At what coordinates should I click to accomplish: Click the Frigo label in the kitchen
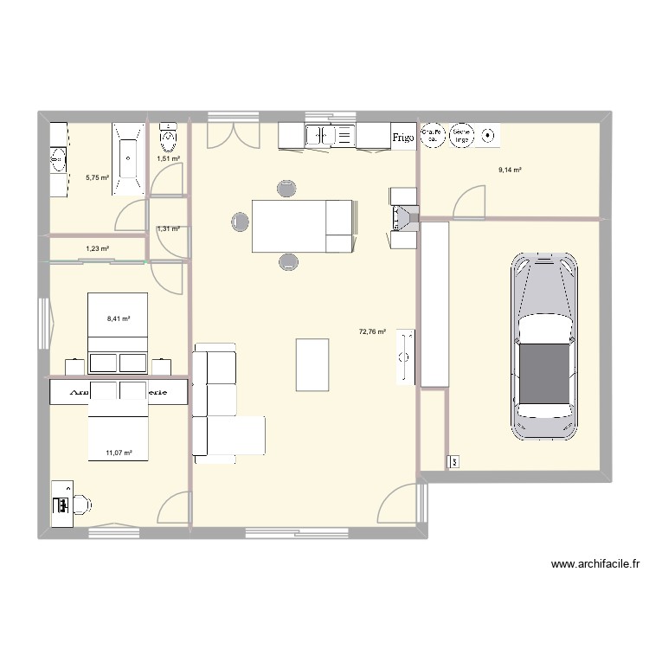coord(402,137)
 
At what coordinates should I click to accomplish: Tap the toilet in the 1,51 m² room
coord(168,134)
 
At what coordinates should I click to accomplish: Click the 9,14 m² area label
coord(510,170)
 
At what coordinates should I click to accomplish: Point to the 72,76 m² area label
coord(371,331)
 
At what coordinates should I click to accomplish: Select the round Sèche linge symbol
coord(461,135)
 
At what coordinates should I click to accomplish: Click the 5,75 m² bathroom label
coord(97,177)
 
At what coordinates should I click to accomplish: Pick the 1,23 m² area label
coord(97,249)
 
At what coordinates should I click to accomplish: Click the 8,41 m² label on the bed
coord(119,318)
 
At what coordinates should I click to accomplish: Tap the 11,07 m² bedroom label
coord(119,453)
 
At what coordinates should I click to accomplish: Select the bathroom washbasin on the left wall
coord(58,159)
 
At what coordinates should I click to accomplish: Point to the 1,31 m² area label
coord(168,229)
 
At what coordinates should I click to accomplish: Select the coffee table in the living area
coord(312,364)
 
